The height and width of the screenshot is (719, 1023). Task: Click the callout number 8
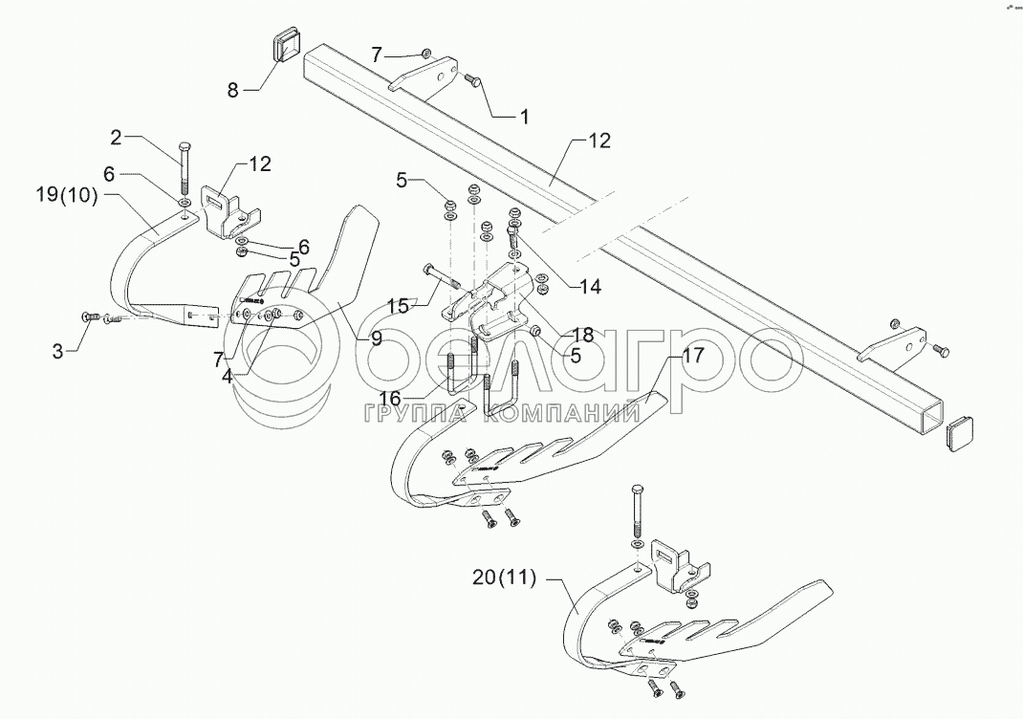(232, 91)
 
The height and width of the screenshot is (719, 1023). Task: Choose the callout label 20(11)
(504, 577)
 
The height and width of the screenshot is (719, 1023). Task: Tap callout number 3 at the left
(59, 351)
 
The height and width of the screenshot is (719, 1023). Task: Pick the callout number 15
(400, 304)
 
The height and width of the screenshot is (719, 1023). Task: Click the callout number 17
(691, 357)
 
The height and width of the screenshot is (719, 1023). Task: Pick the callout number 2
(117, 137)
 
